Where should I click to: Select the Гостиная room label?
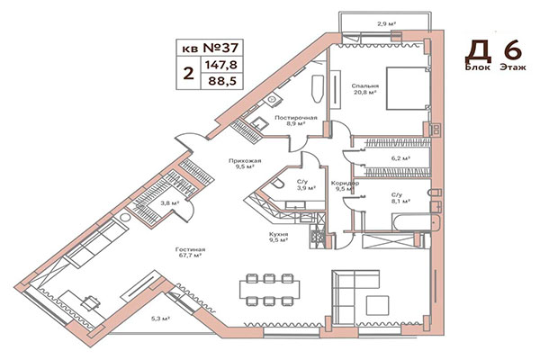pos(191,248)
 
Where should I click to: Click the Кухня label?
pos(278,233)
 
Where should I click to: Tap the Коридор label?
pos(346,183)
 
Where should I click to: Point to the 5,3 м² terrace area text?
pos(161,318)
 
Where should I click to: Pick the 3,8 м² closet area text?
pos(168,203)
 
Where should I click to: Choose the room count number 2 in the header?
pos(188,73)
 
